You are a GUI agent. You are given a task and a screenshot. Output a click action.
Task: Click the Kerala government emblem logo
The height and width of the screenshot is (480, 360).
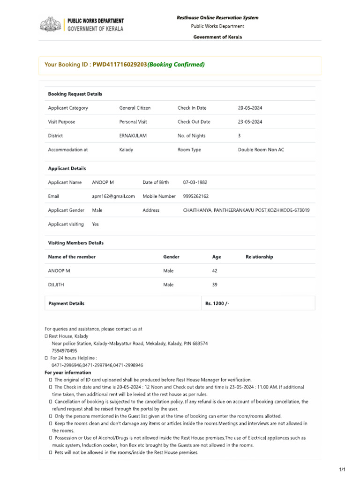50,24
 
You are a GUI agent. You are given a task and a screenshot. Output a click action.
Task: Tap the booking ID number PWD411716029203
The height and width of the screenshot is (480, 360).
120,65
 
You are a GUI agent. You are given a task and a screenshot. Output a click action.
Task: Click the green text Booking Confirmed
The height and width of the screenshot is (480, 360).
176,65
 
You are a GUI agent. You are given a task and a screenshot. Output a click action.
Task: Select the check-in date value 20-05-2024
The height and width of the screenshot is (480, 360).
250,108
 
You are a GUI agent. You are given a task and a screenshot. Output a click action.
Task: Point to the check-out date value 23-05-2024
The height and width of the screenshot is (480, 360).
250,122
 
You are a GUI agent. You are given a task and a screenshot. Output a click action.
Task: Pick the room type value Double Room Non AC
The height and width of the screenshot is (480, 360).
261,150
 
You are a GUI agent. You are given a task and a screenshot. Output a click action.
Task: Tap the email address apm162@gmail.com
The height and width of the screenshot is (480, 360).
113,196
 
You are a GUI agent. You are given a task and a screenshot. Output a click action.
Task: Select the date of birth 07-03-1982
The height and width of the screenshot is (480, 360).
195,182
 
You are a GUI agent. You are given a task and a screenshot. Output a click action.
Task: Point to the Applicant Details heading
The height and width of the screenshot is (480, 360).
67,168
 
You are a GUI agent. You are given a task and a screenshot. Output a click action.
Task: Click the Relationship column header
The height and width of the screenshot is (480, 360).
259,257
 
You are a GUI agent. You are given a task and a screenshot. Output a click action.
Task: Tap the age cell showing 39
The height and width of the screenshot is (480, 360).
215,285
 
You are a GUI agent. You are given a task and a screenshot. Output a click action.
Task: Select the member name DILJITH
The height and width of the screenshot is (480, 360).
56,285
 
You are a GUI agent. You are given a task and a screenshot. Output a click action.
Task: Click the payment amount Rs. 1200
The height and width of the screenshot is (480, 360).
217,303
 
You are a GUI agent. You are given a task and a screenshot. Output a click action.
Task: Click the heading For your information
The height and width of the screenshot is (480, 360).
68,373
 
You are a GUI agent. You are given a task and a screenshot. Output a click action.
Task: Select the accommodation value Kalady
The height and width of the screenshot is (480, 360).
126,150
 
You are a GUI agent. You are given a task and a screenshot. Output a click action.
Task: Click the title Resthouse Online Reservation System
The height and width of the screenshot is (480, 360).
217,18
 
